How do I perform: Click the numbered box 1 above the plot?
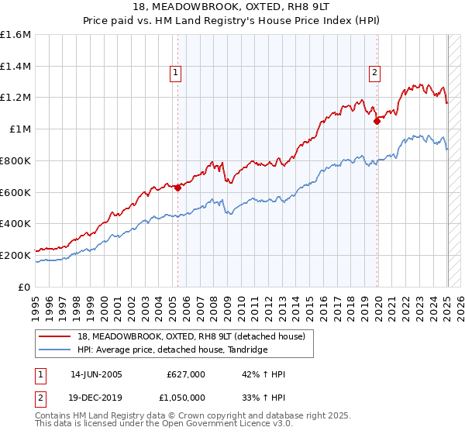(x=177, y=74)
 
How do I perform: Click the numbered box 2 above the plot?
(x=375, y=74)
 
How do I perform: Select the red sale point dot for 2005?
(x=177, y=187)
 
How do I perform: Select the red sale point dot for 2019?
(x=377, y=120)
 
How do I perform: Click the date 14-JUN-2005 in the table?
(x=96, y=374)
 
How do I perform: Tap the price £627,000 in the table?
(x=186, y=374)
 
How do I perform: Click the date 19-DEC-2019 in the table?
(x=96, y=397)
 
